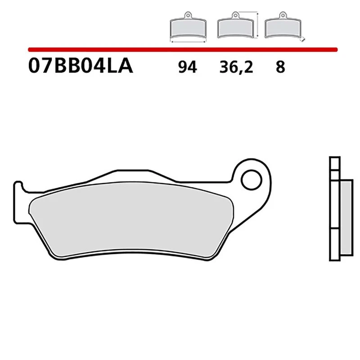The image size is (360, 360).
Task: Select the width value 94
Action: [x=187, y=67]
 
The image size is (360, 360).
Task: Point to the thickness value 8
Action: [x=280, y=67]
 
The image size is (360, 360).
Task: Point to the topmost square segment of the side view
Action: [x=333, y=163]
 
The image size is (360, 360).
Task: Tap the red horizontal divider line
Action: [x=180, y=49]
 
